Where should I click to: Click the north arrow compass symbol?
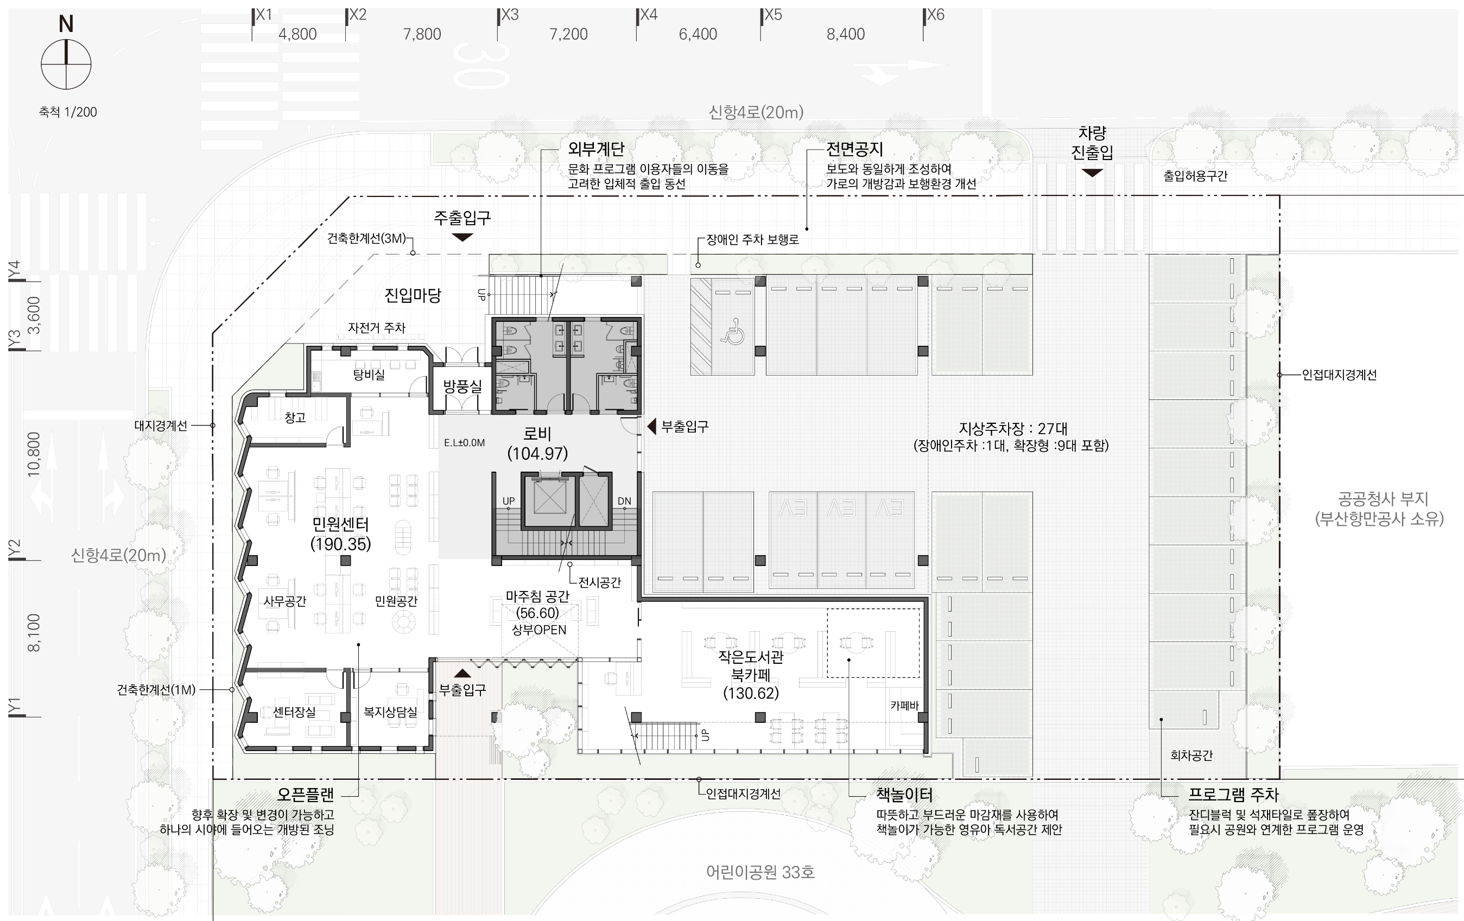[66, 64]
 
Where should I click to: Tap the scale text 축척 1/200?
[68, 112]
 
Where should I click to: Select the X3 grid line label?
[510, 15]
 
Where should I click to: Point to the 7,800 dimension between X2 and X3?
[422, 34]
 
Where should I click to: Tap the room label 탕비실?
[369, 374]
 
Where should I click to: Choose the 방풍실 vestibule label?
[462, 386]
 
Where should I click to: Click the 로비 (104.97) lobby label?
[537, 443]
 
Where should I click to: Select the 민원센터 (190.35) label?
[340, 533]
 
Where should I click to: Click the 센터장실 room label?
[294, 712]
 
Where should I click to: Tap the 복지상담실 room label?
[390, 712]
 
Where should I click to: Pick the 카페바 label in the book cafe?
[905, 705]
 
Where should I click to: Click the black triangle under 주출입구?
[462, 237]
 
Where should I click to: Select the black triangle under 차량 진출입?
[1092, 173]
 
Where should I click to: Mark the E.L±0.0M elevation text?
[465, 442]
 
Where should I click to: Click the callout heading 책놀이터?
[904, 795]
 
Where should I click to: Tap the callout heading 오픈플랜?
[305, 794]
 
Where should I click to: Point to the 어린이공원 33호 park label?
[760, 872]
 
